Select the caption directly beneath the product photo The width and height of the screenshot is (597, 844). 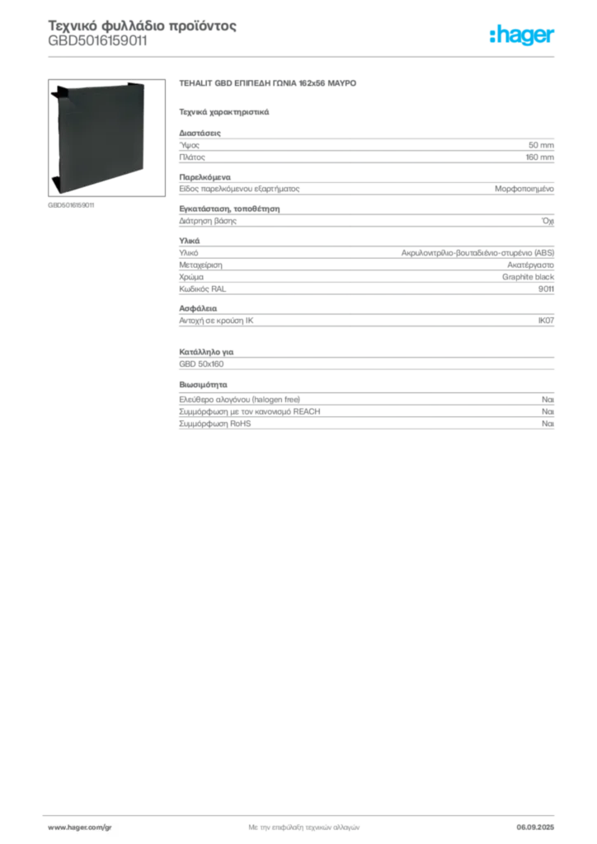point(72,204)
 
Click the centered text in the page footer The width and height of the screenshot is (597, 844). point(303,825)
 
